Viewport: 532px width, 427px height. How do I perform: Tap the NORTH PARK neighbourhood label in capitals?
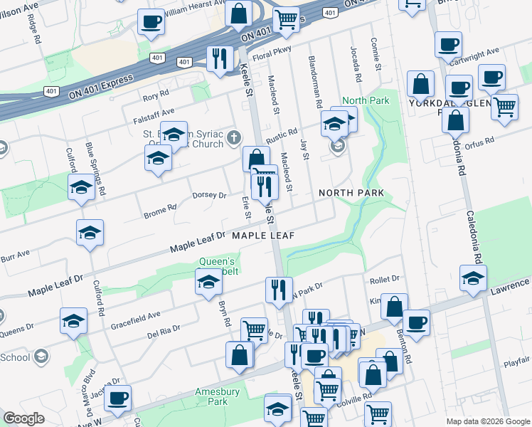tap(351, 193)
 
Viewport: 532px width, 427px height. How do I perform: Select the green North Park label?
tap(366, 101)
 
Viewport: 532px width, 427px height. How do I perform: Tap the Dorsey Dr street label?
tap(209, 195)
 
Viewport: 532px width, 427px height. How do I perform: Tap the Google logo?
tap(24, 418)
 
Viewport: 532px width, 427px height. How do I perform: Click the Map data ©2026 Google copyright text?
tap(488, 421)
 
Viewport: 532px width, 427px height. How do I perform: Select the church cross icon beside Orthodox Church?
tap(235, 143)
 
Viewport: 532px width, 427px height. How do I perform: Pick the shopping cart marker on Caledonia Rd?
tap(504, 106)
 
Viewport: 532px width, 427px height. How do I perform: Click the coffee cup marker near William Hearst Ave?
tap(151, 22)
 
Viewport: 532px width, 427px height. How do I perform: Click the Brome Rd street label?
tap(159, 211)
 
